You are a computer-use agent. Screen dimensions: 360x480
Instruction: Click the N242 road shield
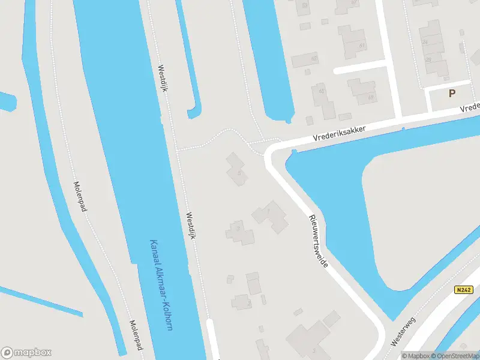[x=464, y=290]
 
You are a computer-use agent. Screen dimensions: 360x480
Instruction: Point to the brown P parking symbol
[x=452, y=93]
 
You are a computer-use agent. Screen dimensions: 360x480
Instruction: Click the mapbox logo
[x=26, y=353]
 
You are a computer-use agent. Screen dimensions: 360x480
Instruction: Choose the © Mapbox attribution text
[x=415, y=356]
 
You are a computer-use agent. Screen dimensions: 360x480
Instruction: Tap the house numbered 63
[x=362, y=91]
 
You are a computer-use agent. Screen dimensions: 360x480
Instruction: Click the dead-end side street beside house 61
[x=360, y=67]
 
